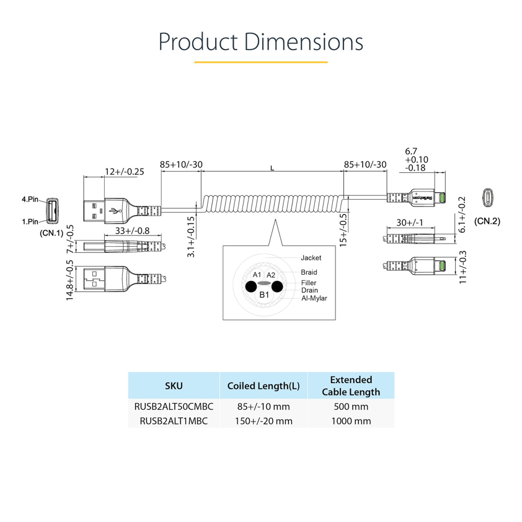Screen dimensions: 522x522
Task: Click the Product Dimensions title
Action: pyautogui.click(x=260, y=42)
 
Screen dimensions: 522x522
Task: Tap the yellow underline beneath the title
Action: pyautogui.click(x=260, y=62)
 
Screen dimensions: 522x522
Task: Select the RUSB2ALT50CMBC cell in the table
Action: pyautogui.click(x=174, y=407)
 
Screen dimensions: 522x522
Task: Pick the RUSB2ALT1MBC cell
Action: pyautogui.click(x=174, y=421)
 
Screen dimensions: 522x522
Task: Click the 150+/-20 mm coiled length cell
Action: pyautogui.click(x=263, y=421)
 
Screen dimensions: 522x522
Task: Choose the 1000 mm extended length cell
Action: pyautogui.click(x=351, y=421)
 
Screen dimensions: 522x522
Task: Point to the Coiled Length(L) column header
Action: pyautogui.click(x=263, y=386)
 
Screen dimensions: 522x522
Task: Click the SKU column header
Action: pyautogui.click(x=174, y=386)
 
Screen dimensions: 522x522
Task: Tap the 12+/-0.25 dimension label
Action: pyautogui.click(x=124, y=172)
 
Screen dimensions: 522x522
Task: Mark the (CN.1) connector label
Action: pyautogui.click(x=52, y=233)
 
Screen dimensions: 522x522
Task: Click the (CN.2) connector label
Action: pyautogui.click(x=487, y=221)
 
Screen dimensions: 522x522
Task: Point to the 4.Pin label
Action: pyautogui.click(x=30, y=200)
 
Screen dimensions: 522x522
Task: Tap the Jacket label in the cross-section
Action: pyautogui.click(x=311, y=257)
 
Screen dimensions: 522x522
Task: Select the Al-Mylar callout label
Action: pyautogui.click(x=314, y=298)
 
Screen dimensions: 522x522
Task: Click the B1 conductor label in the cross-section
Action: pyautogui.click(x=264, y=295)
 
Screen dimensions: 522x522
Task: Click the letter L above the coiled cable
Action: pyautogui.click(x=273, y=168)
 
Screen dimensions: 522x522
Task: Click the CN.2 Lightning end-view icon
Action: pyautogui.click(x=489, y=198)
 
